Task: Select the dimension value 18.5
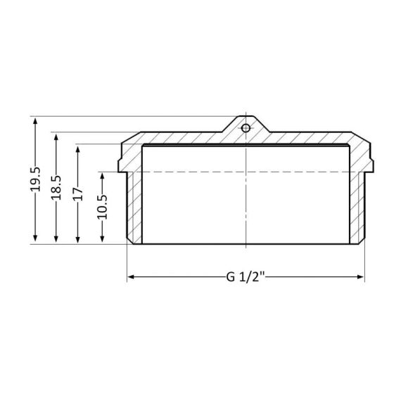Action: pos(56,186)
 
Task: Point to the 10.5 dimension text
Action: pos(101,208)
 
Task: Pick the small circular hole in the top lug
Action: pos(246,129)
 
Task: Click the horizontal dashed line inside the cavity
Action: pos(211,172)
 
